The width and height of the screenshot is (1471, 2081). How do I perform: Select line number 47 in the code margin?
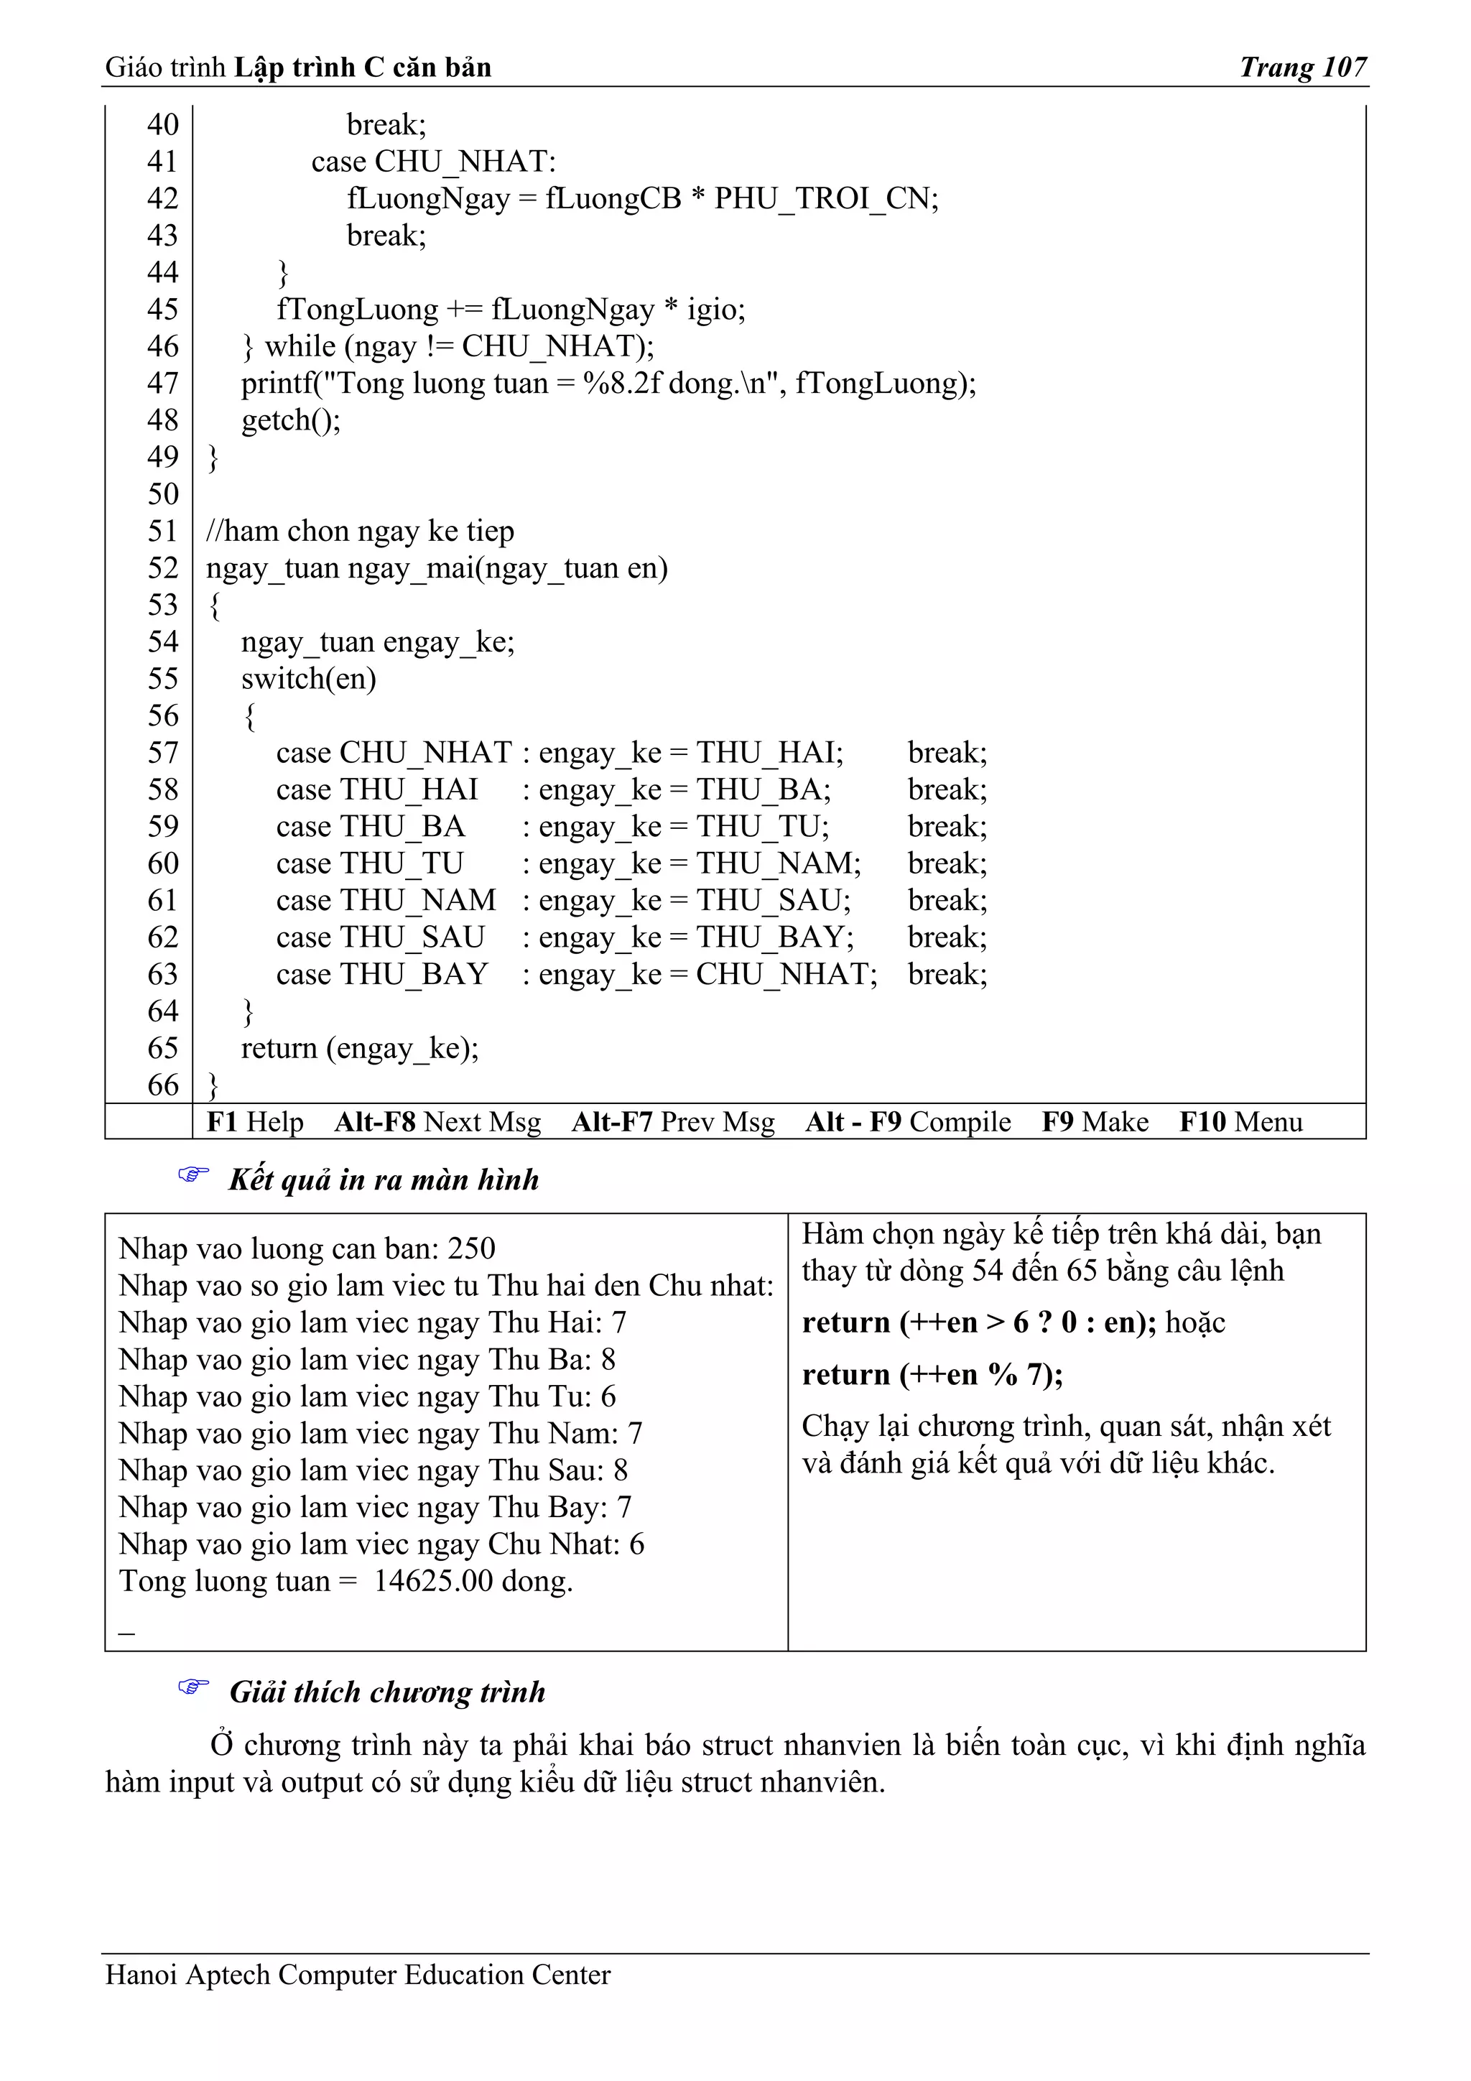click(162, 384)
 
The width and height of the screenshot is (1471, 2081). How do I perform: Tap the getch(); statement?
click(290, 420)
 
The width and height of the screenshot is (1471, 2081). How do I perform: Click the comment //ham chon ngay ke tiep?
click(360, 531)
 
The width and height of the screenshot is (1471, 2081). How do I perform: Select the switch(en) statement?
click(308, 679)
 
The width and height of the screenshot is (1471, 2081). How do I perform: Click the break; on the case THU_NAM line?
click(947, 900)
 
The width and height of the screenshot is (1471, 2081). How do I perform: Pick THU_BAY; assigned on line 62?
click(775, 937)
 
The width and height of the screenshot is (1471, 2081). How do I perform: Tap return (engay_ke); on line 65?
click(359, 1049)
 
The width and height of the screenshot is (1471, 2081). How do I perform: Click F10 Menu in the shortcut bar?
click(1240, 1122)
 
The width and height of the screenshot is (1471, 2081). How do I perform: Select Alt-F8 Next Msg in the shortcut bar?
click(437, 1122)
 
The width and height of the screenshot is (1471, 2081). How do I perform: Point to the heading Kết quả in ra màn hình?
click(384, 1180)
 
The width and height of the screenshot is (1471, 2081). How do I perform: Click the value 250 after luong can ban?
click(471, 1249)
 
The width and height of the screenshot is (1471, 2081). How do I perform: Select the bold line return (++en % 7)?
click(932, 1375)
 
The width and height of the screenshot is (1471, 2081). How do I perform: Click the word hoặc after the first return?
click(1194, 1322)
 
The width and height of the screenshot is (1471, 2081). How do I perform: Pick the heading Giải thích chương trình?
click(387, 1692)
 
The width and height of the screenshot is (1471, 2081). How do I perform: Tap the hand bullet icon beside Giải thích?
click(192, 1687)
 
